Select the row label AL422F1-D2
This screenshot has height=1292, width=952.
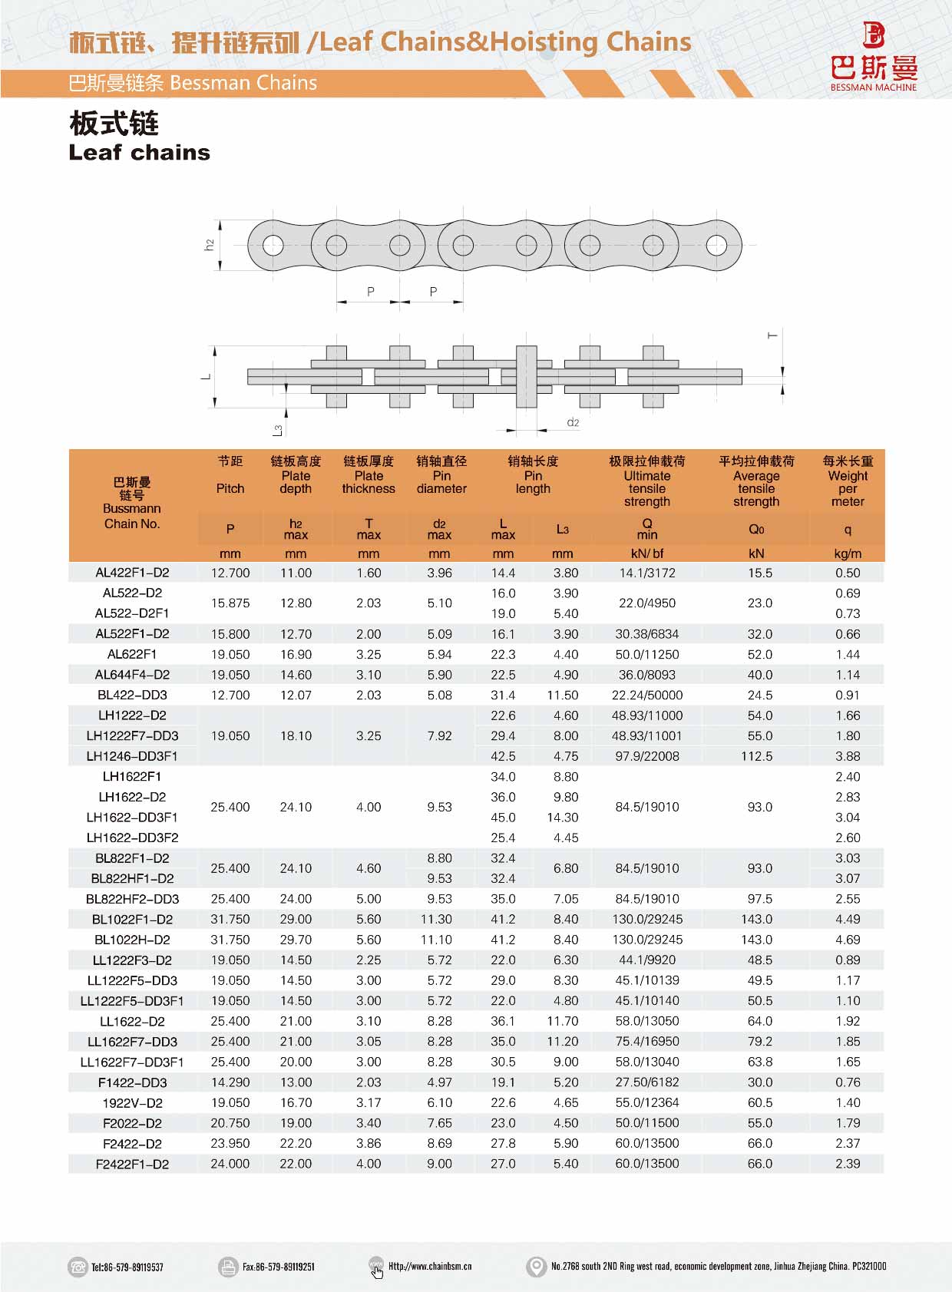[132, 573]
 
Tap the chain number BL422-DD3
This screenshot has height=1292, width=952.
[132, 695]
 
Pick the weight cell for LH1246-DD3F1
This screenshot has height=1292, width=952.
[848, 756]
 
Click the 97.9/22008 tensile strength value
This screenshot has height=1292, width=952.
[646, 756]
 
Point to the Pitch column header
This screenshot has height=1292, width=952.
[230, 488]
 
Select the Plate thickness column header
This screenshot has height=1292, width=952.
[369, 482]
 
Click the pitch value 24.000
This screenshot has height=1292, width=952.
[230, 1164]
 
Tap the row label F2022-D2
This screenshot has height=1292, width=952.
[132, 1123]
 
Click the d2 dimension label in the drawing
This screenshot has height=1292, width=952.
[573, 422]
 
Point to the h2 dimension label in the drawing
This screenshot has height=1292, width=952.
[209, 245]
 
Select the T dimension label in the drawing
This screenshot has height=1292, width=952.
[772, 335]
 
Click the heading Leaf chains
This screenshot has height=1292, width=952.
[139, 153]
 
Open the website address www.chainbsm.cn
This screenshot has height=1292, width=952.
[430, 1267]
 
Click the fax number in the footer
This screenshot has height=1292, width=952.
[278, 1267]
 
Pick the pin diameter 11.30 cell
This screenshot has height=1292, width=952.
[439, 919]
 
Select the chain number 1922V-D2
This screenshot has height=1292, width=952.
[132, 1103]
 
